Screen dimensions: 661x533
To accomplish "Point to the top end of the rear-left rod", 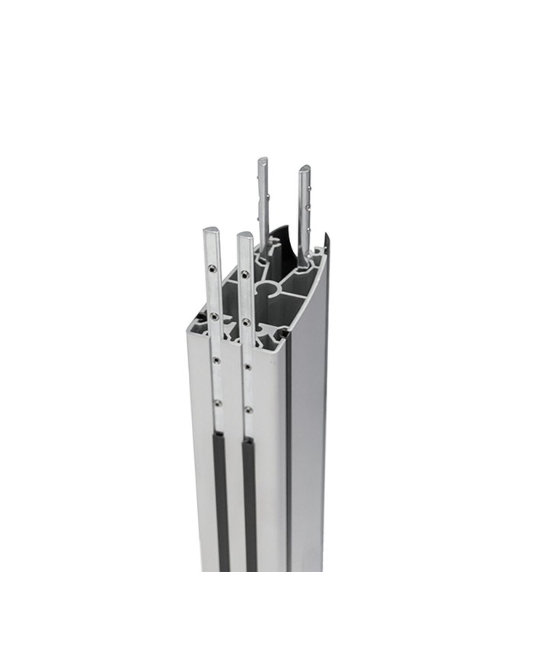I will point(262,160).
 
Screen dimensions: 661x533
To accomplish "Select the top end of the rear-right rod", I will point(303,167).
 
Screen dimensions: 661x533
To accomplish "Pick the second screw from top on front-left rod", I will point(215,315).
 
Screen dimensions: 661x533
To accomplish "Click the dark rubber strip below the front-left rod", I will point(221,502).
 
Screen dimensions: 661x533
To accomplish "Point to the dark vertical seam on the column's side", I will point(289,456).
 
